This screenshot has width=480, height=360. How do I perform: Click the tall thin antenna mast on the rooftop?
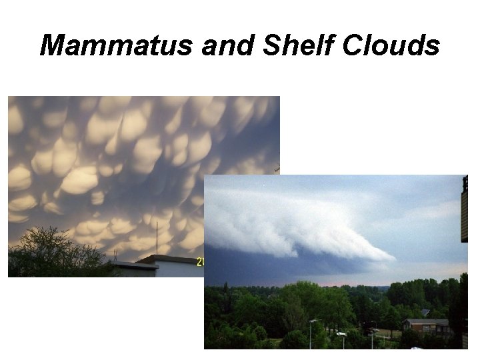click(157, 238)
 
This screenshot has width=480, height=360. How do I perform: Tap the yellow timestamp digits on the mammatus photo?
click(199, 262)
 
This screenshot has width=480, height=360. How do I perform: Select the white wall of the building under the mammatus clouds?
click(177, 269)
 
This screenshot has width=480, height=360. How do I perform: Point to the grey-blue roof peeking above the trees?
click(425, 312)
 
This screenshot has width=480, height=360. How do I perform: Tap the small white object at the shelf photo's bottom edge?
click(416, 347)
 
